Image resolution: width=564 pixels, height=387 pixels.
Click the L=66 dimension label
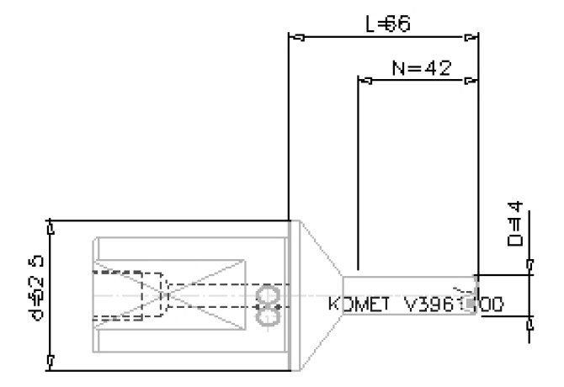[x=387, y=24]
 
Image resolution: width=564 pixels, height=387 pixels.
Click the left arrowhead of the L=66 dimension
[x=295, y=37]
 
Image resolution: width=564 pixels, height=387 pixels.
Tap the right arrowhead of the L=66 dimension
[x=471, y=37]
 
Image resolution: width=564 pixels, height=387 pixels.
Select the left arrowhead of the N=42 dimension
[x=364, y=81]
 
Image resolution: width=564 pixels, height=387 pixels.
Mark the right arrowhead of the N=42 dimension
[x=471, y=81]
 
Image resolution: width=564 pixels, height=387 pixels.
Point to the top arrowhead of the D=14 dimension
[x=530, y=268]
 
